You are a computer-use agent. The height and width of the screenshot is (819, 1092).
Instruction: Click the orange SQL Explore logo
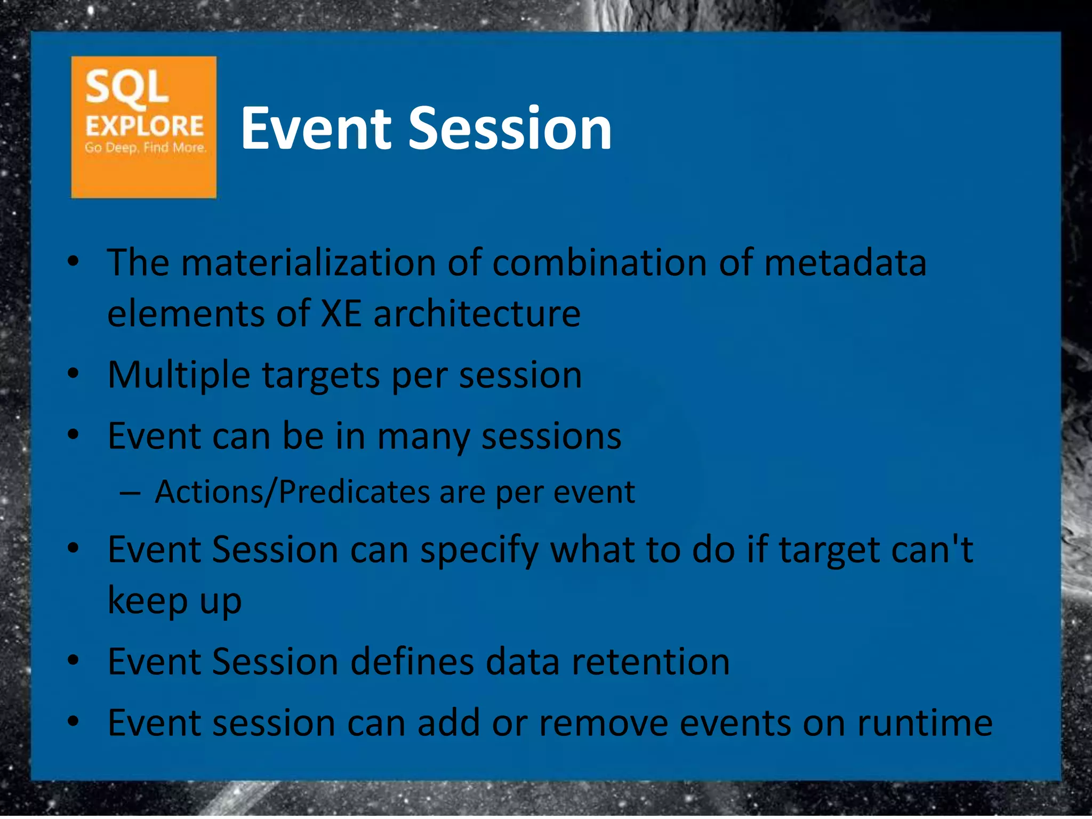point(143,127)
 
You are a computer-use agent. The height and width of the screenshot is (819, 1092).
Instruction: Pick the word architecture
point(477,314)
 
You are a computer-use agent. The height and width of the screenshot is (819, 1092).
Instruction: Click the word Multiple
point(179,375)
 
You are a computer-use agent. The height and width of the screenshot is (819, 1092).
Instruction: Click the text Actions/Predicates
point(292,492)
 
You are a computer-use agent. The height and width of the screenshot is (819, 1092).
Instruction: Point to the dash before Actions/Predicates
point(130,493)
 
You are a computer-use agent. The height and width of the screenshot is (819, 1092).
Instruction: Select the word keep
point(148,601)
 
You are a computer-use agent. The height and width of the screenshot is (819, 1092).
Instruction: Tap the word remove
point(603,723)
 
